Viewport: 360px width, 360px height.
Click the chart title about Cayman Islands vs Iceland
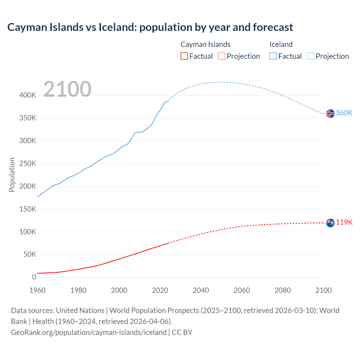[150, 27]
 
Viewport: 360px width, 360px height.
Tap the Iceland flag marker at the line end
[330, 113]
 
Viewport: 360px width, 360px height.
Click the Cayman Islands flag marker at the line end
[330, 223]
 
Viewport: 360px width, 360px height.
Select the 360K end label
[344, 113]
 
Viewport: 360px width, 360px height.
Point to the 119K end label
[344, 222]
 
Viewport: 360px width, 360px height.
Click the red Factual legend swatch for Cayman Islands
[184, 56]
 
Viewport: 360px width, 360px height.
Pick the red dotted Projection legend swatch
[222, 56]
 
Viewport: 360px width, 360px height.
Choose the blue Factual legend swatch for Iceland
[273, 56]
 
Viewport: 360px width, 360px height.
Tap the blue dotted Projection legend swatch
[311, 56]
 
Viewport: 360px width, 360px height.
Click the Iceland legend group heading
[281, 44]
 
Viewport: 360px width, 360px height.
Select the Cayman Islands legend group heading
[205, 44]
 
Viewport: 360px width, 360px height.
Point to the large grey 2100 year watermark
[67, 89]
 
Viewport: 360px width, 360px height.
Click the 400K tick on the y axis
[28, 95]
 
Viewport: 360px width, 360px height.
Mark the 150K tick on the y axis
[28, 209]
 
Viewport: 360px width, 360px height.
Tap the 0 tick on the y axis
[34, 277]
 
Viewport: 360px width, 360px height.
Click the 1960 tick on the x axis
[37, 290]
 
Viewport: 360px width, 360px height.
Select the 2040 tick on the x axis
[201, 290]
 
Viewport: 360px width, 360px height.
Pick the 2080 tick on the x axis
[282, 290]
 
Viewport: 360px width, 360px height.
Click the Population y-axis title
[12, 175]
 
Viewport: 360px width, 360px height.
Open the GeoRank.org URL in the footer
[89, 332]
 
